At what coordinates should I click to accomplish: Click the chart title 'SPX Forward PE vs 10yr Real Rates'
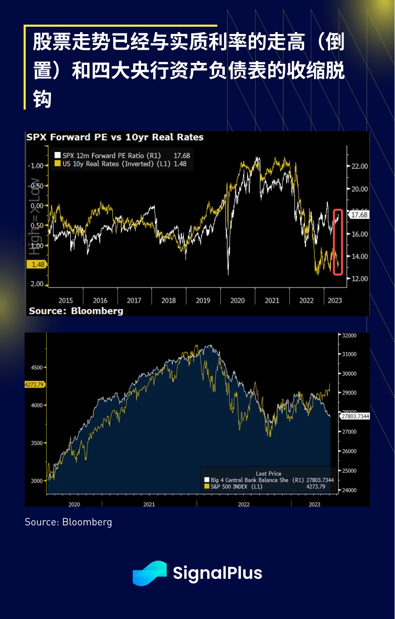115,137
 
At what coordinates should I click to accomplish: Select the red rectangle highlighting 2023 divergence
338,242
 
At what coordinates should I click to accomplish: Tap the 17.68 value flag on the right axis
359,215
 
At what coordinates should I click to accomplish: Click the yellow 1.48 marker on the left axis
38,265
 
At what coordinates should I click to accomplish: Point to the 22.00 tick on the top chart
359,166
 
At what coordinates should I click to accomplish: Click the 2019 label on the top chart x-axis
203,301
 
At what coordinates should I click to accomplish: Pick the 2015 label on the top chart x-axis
66,301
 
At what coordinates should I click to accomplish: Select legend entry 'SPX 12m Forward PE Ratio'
111,156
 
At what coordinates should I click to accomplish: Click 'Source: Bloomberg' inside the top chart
76,311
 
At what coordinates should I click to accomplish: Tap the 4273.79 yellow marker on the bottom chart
35,385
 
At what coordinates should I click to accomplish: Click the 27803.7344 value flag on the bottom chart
355,416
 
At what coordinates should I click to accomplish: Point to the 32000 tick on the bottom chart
349,336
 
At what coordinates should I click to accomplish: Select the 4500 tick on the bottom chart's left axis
37,368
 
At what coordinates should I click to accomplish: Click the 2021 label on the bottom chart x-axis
149,504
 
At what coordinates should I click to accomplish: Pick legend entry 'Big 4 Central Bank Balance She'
249,480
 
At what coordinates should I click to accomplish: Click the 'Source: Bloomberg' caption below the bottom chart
68,522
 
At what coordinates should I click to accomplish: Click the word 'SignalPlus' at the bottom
217,573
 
